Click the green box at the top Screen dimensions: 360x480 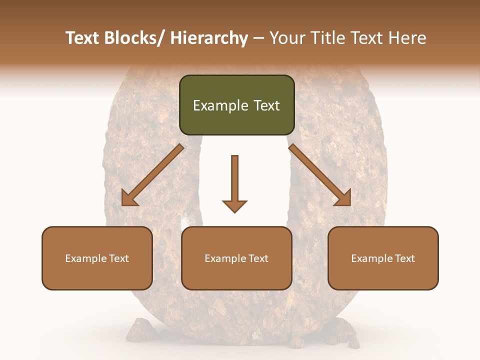click(x=236, y=105)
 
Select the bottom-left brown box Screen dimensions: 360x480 click(x=97, y=258)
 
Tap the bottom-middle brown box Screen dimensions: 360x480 click(x=236, y=258)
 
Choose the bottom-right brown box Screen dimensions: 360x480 click(x=383, y=258)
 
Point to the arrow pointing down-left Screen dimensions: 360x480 click(x=152, y=175)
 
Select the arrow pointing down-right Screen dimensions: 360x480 click(x=320, y=175)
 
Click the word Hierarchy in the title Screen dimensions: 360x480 click(x=209, y=38)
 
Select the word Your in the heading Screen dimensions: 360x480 click(x=286, y=38)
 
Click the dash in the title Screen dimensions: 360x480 click(x=258, y=38)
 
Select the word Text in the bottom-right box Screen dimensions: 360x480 click(x=404, y=258)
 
